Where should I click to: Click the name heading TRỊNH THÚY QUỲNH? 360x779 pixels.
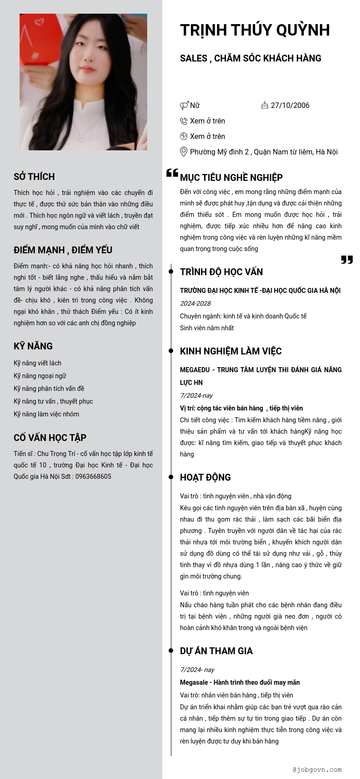255,30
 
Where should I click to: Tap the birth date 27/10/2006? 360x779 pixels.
290,105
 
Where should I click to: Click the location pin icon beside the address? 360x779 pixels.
184,152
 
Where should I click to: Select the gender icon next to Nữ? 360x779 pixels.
184,106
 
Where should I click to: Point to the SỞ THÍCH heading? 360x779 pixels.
34,177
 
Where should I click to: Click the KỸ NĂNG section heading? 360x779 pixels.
33,346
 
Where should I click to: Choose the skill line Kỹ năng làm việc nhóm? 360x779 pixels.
46,414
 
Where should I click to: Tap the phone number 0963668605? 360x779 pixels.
93,477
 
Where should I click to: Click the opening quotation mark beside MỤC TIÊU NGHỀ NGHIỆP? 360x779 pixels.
172,173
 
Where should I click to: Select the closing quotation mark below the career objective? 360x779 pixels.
347,260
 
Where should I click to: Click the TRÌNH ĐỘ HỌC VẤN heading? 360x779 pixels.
221,272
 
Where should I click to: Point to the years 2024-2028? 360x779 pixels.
195,303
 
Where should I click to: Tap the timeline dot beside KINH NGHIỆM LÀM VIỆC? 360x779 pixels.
171,351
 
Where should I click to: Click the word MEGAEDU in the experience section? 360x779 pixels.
195,370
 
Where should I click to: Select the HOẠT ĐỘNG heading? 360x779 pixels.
206,477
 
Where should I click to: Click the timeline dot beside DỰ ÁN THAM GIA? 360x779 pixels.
171,651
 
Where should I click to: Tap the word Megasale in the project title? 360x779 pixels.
194,682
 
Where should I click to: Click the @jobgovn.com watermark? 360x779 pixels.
317,770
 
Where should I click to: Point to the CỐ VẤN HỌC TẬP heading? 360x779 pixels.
50,438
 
